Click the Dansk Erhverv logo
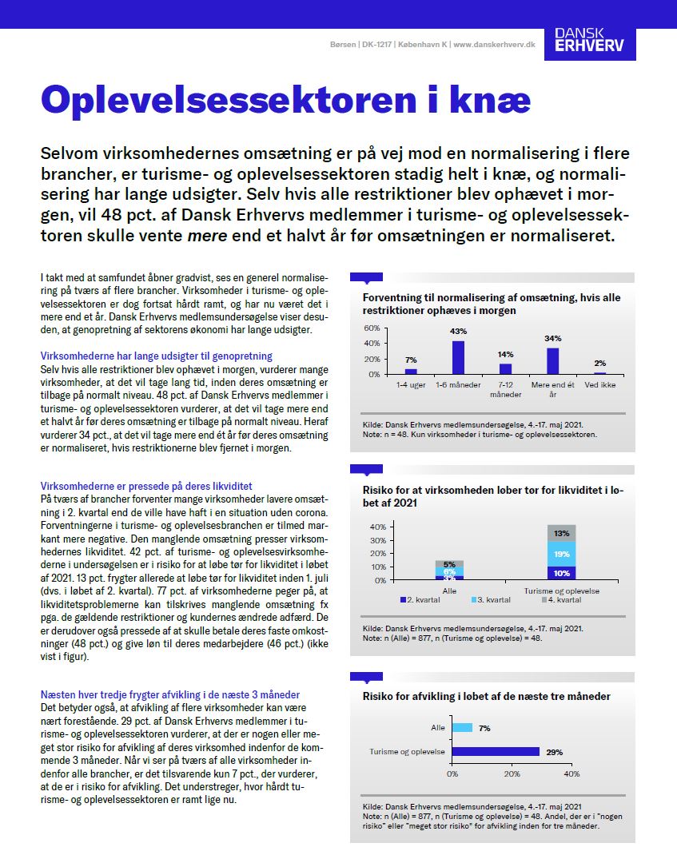(595, 44)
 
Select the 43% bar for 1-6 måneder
(458, 357)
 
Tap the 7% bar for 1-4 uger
(411, 371)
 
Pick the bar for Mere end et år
(552, 360)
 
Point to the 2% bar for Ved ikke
(599, 372)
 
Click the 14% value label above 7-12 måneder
(505, 354)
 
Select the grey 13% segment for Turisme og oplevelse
(562, 533)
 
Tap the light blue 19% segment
(562, 553)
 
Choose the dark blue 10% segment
(562, 572)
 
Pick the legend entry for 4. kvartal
(562, 598)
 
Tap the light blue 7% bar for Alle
(462, 728)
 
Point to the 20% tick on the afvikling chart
(512, 774)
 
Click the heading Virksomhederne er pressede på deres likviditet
(146, 485)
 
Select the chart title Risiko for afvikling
(486, 697)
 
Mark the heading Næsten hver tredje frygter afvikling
(169, 695)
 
